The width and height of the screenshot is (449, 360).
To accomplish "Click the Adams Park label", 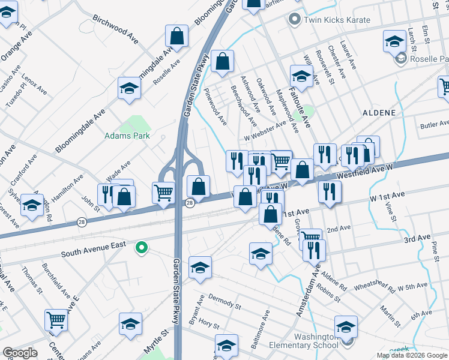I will (127, 136).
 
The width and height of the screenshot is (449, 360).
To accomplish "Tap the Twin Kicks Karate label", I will (337, 20).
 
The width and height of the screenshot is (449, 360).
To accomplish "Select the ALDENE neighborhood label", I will (379, 113).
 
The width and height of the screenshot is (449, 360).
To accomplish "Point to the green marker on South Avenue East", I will (142, 247).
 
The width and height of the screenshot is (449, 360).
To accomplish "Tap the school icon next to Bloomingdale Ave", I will (129, 89).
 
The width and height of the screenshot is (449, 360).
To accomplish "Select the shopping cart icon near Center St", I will (56, 320).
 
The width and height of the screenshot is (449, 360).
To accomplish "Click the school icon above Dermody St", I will (200, 267).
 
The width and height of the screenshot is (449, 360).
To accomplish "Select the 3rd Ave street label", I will (417, 239).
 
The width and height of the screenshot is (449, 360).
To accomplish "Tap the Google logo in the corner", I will (19, 353).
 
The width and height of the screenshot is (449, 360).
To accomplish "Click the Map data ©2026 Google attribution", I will (412, 355).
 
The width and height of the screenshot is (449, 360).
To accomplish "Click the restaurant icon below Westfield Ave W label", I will (330, 191).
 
